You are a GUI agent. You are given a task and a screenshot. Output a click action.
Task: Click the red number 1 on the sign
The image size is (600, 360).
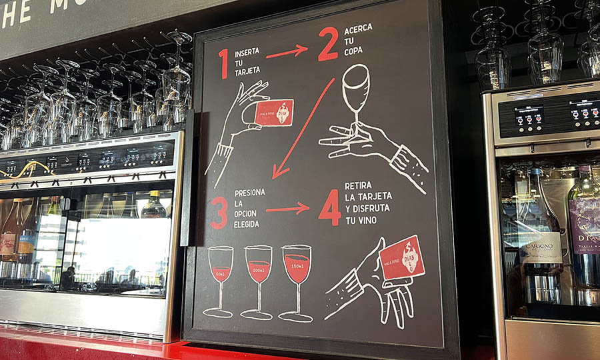coord(223,63)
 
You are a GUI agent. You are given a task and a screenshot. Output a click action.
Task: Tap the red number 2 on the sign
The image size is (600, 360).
coord(328,44)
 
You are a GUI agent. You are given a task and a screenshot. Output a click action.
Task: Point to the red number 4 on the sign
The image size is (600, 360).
coord(329,207)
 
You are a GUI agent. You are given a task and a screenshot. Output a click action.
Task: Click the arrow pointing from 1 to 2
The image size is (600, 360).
coord(287,51)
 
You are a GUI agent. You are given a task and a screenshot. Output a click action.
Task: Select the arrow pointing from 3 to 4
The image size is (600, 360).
coord(287,209)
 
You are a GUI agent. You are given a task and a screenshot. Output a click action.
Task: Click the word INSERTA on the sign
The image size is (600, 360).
coord(247,51)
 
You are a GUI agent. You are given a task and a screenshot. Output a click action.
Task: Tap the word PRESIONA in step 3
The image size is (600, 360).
coord(250,192)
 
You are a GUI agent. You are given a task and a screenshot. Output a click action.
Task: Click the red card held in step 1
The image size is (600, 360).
coord(273,112)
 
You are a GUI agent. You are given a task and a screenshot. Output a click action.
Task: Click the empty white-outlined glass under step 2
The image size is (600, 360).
coord(355,90)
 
